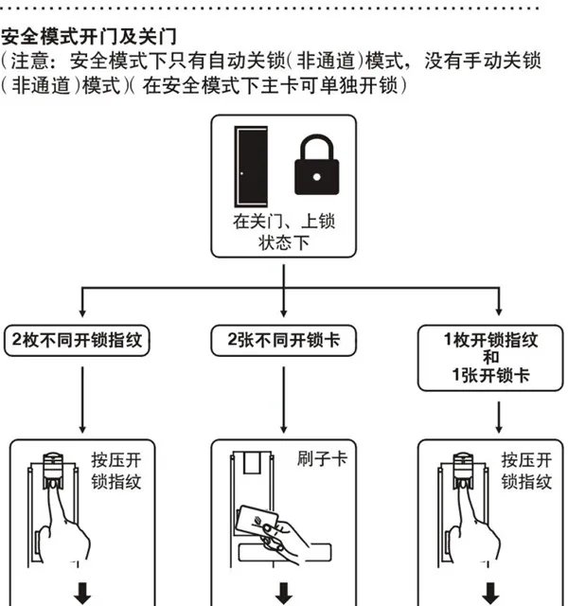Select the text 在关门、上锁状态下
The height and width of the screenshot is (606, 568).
tap(284, 232)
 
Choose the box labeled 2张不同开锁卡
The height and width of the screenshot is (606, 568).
tap(284, 340)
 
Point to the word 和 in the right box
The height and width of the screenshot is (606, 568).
tap(489, 357)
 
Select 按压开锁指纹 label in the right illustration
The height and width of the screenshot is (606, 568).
tap(525, 472)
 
